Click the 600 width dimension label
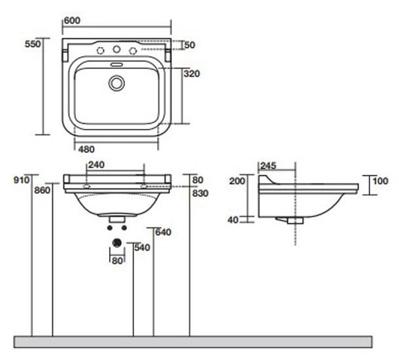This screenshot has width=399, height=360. (x=72, y=20)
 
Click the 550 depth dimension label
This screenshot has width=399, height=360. (x=33, y=44)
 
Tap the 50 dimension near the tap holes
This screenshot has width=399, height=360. (x=190, y=45)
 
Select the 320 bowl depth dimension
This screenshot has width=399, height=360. (x=192, y=74)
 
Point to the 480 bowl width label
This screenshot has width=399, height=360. (x=86, y=149)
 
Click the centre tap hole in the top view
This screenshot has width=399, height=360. (x=116, y=49)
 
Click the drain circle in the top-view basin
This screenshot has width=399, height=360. (x=117, y=83)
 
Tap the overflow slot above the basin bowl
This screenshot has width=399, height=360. (x=117, y=64)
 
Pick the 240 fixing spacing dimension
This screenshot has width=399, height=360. (x=96, y=165)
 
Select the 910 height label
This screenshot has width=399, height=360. (x=22, y=180)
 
